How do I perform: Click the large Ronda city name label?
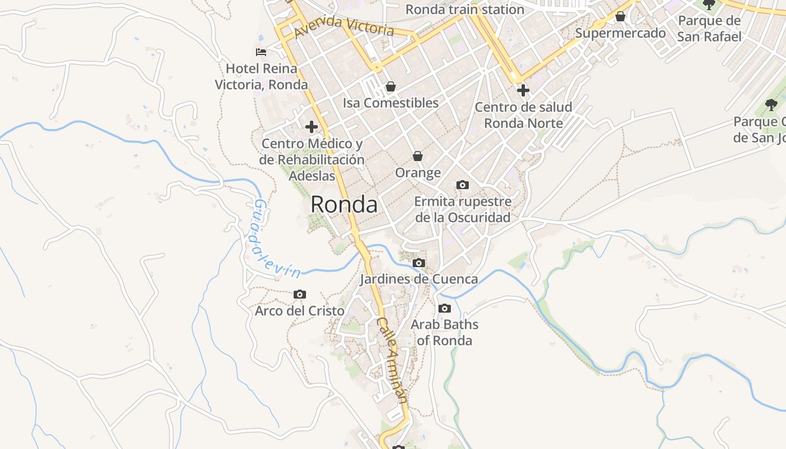(x=344, y=204)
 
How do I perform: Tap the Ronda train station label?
(x=465, y=10)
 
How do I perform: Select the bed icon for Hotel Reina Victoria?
(x=261, y=52)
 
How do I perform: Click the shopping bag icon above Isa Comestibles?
(x=390, y=86)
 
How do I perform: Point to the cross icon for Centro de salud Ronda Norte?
(x=523, y=90)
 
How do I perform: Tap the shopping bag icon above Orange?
(x=418, y=155)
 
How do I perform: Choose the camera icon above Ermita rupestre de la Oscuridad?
(x=463, y=185)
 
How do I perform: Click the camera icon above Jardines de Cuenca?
(x=418, y=263)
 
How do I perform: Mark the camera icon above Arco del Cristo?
(x=300, y=294)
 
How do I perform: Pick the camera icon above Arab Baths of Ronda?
(x=445, y=308)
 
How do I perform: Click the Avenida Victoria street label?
(x=344, y=26)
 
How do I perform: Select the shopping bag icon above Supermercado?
(x=620, y=17)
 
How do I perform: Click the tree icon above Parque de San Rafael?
(x=710, y=4)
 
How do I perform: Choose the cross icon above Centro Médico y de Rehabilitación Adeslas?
(x=312, y=127)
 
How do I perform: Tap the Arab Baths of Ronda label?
(x=445, y=332)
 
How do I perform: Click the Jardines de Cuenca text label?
(x=419, y=279)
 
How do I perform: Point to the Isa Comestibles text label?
(x=391, y=103)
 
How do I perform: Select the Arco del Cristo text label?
(x=300, y=310)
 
